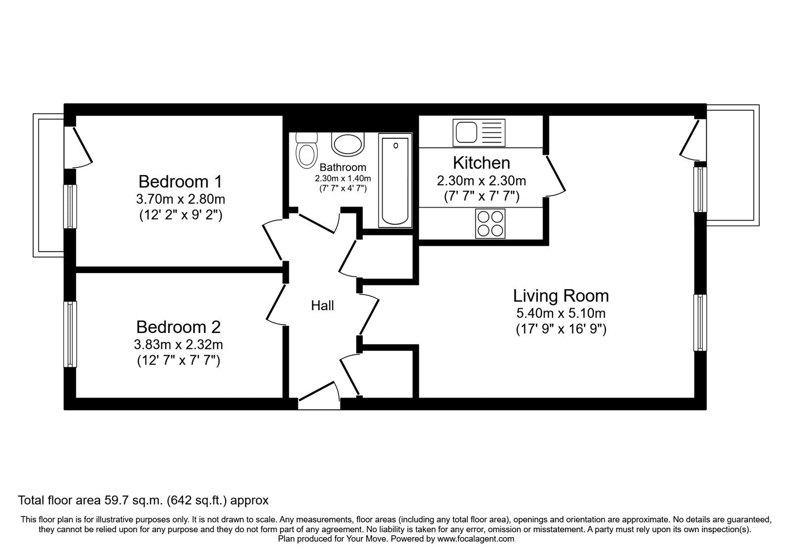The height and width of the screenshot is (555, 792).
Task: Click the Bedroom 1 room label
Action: tap(180, 181)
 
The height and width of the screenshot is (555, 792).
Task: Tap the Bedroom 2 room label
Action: tap(179, 327)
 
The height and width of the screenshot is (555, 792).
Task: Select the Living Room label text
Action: tap(561, 296)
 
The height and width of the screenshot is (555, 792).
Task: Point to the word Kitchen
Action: tap(482, 163)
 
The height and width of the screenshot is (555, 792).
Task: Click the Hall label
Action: tap(322, 305)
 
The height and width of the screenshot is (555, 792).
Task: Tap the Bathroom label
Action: tap(343, 167)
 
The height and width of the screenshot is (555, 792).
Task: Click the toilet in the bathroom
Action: tap(306, 151)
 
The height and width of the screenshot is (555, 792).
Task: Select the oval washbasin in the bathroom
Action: tap(348, 144)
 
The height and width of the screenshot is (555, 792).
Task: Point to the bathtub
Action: tap(396, 180)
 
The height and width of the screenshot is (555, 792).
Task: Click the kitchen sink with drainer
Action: tap(479, 133)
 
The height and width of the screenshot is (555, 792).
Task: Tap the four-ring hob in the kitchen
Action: tap(490, 223)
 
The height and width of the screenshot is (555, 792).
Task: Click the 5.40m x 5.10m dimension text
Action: tap(561, 313)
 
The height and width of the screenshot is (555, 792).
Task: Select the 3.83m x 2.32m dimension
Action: tap(179, 344)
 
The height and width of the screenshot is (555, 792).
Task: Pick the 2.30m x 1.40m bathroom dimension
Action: tap(343, 179)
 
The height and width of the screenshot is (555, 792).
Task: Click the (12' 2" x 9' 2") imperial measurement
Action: tap(181, 215)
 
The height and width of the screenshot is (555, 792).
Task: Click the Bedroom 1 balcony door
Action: tap(79, 148)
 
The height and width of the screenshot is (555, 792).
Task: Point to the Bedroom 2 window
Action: tap(70, 334)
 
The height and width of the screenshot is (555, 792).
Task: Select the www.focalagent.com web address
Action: tap(476, 539)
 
